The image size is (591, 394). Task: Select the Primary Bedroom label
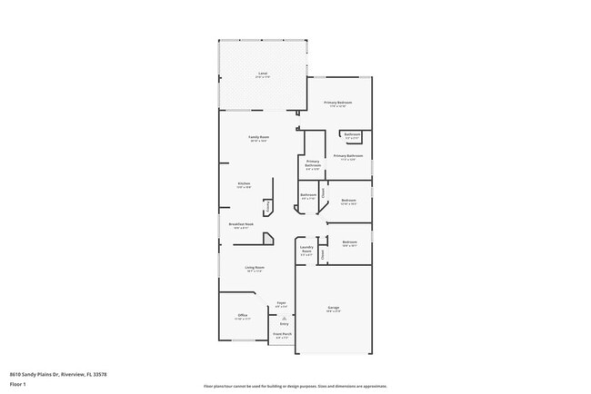tap(338, 103)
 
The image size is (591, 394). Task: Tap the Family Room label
tap(259, 137)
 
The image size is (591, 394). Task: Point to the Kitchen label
tap(244, 183)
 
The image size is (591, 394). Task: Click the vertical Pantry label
tap(268, 207)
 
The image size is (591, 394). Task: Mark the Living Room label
tap(254, 267)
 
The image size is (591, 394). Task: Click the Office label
tap(243, 315)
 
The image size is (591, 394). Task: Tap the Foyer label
tap(282, 303)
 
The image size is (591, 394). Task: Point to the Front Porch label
tap(283, 334)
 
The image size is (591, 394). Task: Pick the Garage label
tap(334, 309)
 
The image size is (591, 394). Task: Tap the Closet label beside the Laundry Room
tap(323, 255)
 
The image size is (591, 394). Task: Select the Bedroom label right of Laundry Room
tap(349, 241)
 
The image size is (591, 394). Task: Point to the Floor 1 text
tap(18, 384)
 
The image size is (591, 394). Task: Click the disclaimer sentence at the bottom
tap(295, 385)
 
